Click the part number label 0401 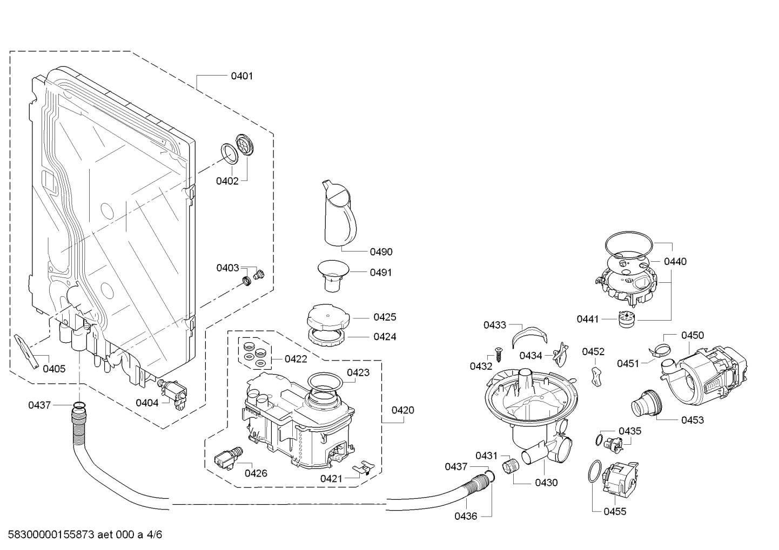click(241, 76)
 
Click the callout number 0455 click(615, 512)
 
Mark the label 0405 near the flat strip click(54, 369)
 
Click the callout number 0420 click(402, 410)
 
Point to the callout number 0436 click(465, 516)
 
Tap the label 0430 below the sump click(546, 483)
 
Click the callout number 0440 click(675, 262)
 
